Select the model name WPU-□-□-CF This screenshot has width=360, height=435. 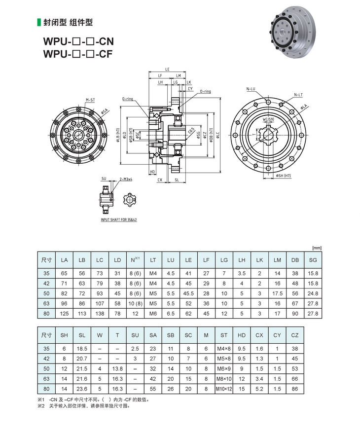pyautogui.click(x=78, y=54)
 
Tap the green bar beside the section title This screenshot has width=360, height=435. pyautogui.click(x=39, y=22)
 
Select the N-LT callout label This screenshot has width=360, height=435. pyautogui.click(x=298, y=94)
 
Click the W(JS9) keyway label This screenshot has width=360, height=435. pyautogui.click(x=269, y=119)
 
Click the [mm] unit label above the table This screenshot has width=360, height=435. pyautogui.click(x=317, y=248)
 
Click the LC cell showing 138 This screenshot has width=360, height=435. pyautogui.click(x=100, y=313)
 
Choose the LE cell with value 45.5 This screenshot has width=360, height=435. pyautogui.click(x=188, y=293)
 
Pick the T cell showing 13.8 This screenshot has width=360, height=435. pyautogui.click(x=117, y=368)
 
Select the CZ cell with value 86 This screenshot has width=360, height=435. pyautogui.click(x=295, y=390)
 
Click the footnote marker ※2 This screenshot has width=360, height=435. pyautogui.click(x=41, y=406)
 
